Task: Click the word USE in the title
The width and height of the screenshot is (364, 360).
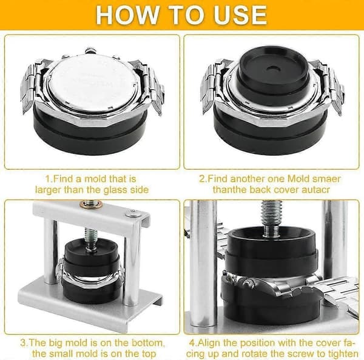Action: pos(240,15)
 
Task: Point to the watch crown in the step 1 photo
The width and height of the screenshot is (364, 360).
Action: pos(91,50)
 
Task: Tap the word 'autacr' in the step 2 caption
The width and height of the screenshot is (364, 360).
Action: pos(315,190)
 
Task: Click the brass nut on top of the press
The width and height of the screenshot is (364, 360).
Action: pos(91,204)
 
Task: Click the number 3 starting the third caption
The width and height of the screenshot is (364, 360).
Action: pos(23,343)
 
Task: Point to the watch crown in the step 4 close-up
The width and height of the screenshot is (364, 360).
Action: pos(249,283)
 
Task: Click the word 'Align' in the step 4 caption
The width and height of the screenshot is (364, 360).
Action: pos(210,343)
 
